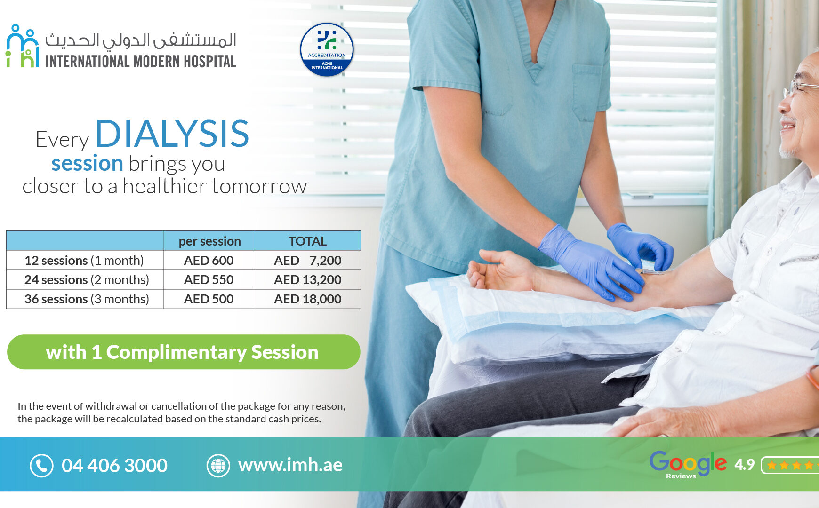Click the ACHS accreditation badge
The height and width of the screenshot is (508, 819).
tap(327, 49)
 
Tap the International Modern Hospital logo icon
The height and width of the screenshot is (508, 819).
tap(22, 46)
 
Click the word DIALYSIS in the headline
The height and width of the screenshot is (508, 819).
tap(172, 134)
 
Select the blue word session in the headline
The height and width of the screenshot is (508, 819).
tap(87, 163)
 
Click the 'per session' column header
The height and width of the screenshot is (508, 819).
tap(209, 241)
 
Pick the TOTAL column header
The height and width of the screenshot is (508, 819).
tap(307, 241)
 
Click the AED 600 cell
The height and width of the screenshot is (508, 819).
tap(209, 260)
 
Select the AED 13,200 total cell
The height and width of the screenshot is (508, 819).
tap(307, 279)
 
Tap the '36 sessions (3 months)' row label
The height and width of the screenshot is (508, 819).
tap(87, 299)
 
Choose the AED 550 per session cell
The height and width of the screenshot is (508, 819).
tap(209, 279)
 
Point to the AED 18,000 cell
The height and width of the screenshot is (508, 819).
tap(307, 299)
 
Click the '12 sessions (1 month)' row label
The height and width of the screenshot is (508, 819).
tap(84, 260)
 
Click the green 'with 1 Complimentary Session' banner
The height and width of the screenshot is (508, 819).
tap(184, 352)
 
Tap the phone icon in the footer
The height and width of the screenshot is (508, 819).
tap(41, 466)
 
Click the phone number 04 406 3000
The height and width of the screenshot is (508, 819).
tap(114, 466)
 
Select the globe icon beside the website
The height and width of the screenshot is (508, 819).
tap(218, 466)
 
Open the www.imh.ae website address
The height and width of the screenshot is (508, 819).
tap(290, 465)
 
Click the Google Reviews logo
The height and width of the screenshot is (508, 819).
tap(688, 465)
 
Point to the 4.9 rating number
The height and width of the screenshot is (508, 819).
tap(744, 465)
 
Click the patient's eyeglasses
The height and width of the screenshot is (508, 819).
tap(800, 87)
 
